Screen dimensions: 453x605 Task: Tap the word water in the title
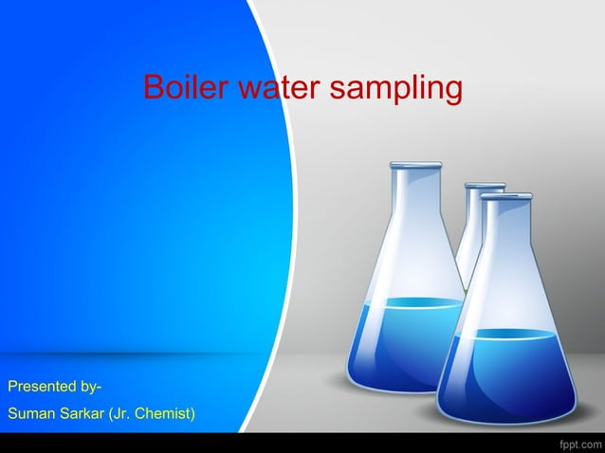click(x=275, y=89)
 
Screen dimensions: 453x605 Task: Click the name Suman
click(x=29, y=414)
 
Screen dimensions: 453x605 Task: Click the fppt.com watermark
click(x=577, y=443)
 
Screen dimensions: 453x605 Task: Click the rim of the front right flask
click(x=505, y=196)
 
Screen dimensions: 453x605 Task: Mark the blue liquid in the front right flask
click(x=508, y=374)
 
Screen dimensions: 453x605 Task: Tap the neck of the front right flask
click(x=505, y=227)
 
